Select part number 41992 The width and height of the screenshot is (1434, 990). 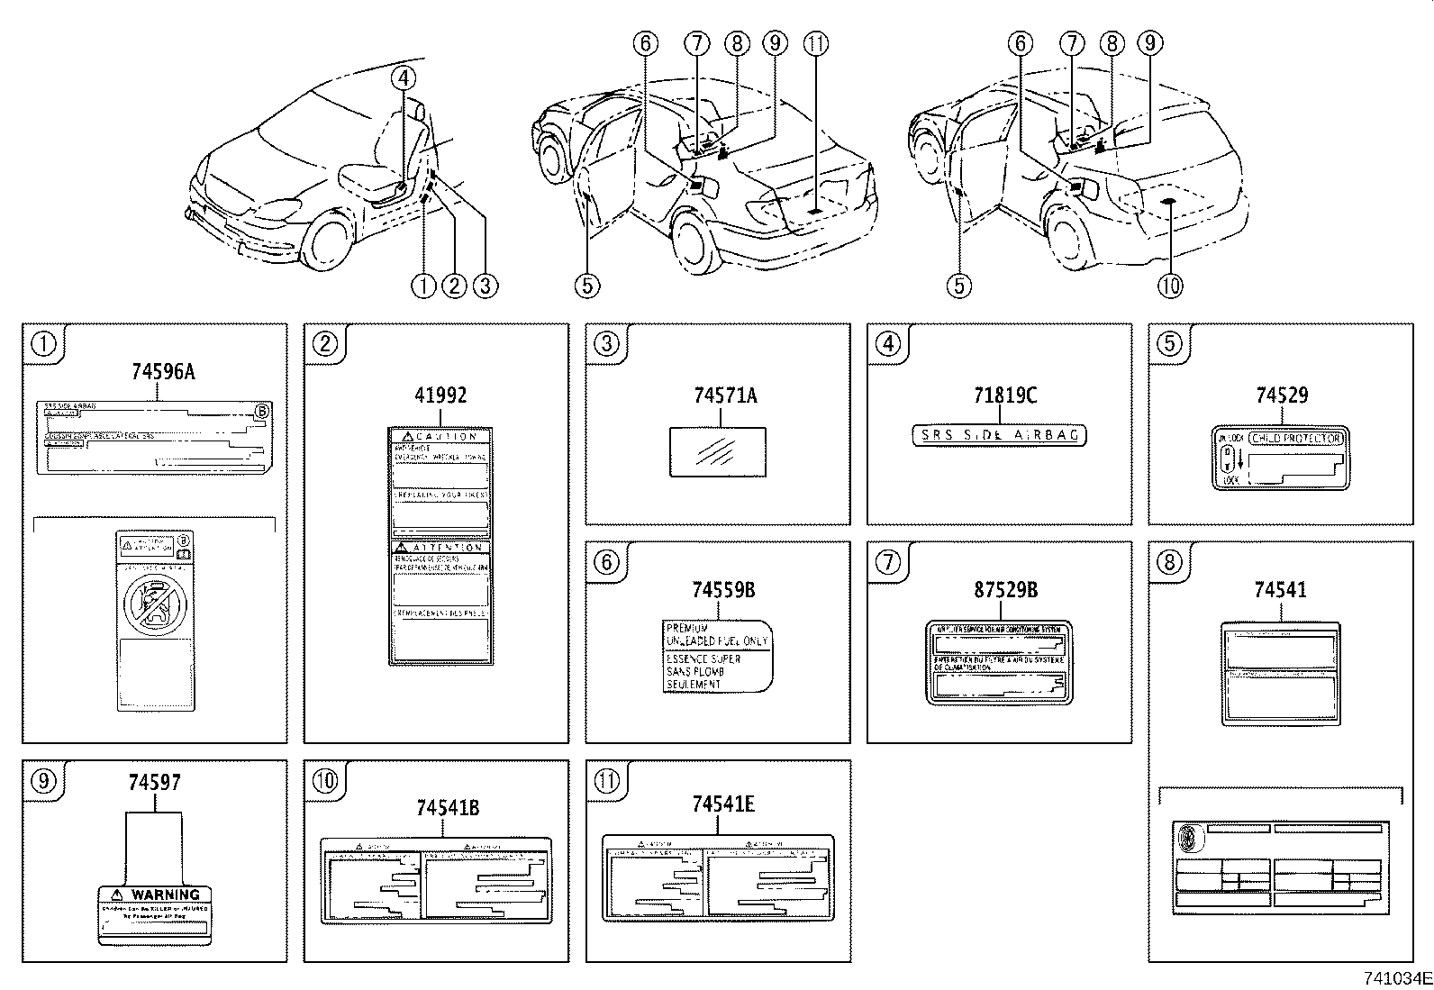click(440, 395)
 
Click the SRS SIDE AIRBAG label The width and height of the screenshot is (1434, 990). click(999, 435)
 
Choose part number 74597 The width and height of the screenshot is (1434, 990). click(154, 783)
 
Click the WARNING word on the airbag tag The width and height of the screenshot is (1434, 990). click(165, 895)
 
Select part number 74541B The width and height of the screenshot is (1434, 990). click(440, 807)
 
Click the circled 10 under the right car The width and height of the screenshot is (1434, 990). click(1169, 286)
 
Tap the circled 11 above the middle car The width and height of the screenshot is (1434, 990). click(816, 42)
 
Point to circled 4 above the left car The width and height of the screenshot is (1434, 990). click(404, 77)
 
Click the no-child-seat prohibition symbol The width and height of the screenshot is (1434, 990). click(154, 604)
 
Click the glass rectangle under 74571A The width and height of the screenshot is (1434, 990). click(718, 451)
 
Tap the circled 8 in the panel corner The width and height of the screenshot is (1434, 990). click(1168, 563)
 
